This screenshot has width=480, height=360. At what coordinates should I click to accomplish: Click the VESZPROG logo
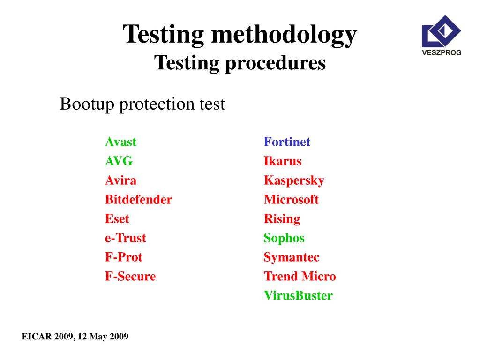(x=441, y=35)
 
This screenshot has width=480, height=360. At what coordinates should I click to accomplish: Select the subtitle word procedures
(x=274, y=63)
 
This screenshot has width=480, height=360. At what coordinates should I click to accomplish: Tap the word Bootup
(x=87, y=104)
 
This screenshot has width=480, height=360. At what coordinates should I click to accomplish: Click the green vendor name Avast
(x=120, y=142)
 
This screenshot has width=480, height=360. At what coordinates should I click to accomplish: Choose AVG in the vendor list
(x=119, y=161)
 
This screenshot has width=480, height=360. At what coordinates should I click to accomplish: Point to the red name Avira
(x=120, y=180)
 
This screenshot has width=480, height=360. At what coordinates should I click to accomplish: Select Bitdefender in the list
(x=138, y=200)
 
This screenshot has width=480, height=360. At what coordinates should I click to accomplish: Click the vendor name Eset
(x=117, y=219)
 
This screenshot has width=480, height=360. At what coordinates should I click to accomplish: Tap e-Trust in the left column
(x=125, y=238)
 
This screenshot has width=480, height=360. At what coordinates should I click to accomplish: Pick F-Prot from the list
(x=123, y=257)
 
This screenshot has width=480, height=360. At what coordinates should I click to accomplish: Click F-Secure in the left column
(x=130, y=277)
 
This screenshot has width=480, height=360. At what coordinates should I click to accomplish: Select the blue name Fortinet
(x=287, y=142)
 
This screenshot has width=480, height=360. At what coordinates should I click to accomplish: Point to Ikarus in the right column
(x=283, y=161)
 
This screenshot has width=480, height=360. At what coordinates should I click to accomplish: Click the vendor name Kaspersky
(x=294, y=180)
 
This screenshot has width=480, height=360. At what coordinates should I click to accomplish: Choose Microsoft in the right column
(x=291, y=200)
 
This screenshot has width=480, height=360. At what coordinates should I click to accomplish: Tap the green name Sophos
(x=284, y=238)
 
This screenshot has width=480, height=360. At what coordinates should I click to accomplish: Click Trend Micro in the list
(x=300, y=277)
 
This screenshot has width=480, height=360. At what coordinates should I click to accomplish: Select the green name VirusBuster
(x=298, y=296)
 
